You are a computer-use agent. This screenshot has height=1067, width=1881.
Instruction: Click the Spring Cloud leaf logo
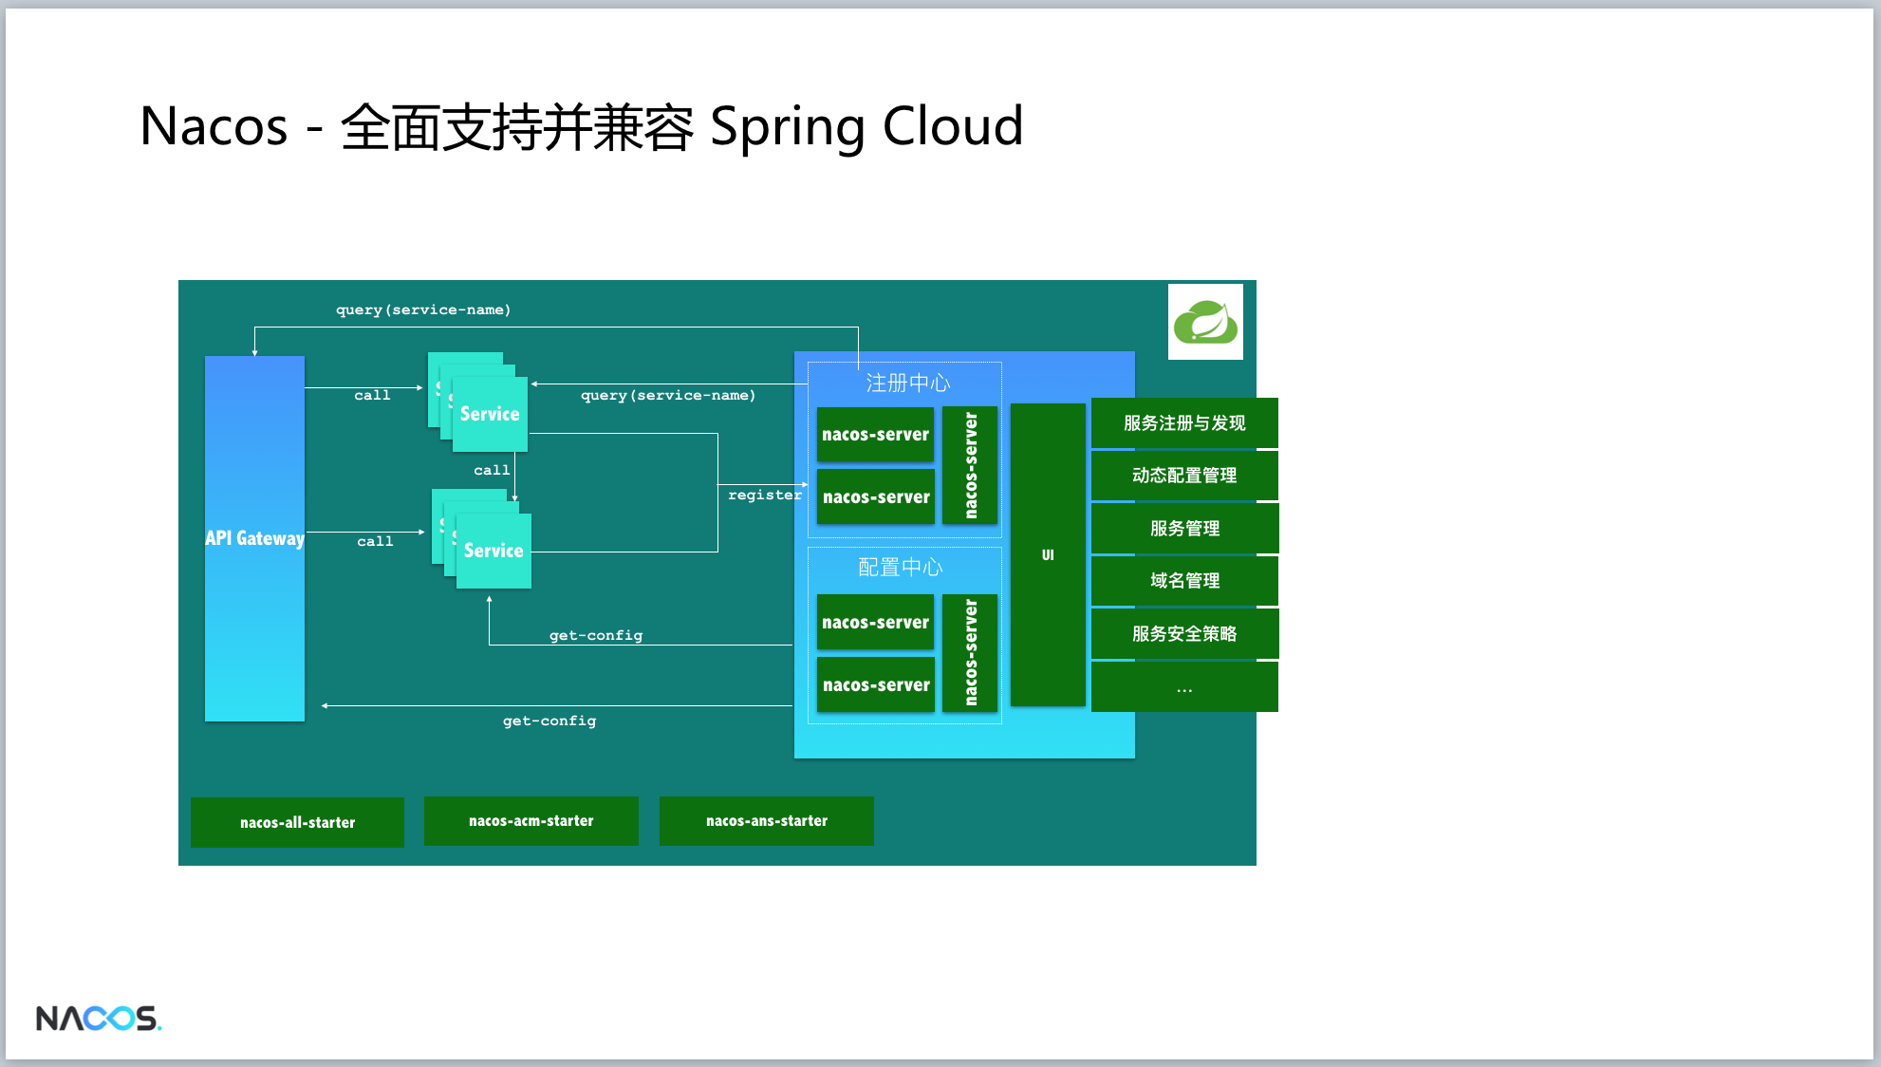(1205, 322)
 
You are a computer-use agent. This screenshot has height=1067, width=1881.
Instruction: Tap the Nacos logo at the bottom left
(99, 1019)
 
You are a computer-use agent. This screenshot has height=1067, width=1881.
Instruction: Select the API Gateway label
(254, 538)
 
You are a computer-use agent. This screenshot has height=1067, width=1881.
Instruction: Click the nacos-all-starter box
(297, 822)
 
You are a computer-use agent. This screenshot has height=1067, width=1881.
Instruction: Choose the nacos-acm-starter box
(531, 821)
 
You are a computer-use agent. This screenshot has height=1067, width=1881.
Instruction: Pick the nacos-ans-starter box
(767, 821)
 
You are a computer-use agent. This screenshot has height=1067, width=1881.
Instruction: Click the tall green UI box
(1048, 554)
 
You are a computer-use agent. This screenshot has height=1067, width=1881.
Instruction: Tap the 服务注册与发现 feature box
(1184, 423)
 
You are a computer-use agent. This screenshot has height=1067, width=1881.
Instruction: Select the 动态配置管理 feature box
(1184, 476)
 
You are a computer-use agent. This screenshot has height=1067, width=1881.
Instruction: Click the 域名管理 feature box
(1184, 581)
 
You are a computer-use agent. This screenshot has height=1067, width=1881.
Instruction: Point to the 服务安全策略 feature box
(1184, 634)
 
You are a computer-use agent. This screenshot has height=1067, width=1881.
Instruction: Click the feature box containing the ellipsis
(1184, 687)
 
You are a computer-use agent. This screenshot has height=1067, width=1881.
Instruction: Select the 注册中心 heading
(907, 383)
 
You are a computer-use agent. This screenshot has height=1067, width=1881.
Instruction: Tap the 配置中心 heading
(901, 568)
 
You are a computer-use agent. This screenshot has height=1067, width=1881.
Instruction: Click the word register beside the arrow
(765, 496)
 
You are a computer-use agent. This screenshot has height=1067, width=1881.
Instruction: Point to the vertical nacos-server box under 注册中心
(970, 465)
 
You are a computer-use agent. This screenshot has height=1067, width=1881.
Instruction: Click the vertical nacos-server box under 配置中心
(970, 653)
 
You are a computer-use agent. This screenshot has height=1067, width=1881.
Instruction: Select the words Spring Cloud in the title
(866, 127)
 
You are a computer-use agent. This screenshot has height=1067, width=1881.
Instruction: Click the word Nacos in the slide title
(214, 126)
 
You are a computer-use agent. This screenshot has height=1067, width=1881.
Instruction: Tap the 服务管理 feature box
(1184, 529)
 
